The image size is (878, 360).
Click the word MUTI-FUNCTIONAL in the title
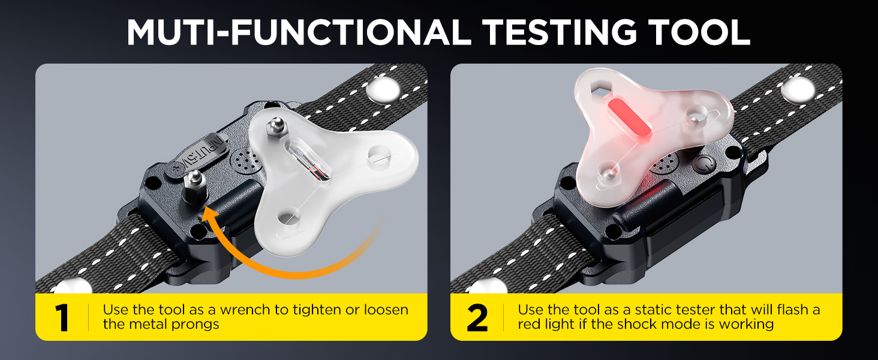[x=299, y=32]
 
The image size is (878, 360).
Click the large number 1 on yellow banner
[x=62, y=317]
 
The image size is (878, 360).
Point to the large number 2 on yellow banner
[x=477, y=317]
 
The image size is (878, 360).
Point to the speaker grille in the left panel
[x=246, y=161]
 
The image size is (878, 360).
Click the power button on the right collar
[x=703, y=165]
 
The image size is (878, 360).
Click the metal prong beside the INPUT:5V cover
[x=194, y=187]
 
